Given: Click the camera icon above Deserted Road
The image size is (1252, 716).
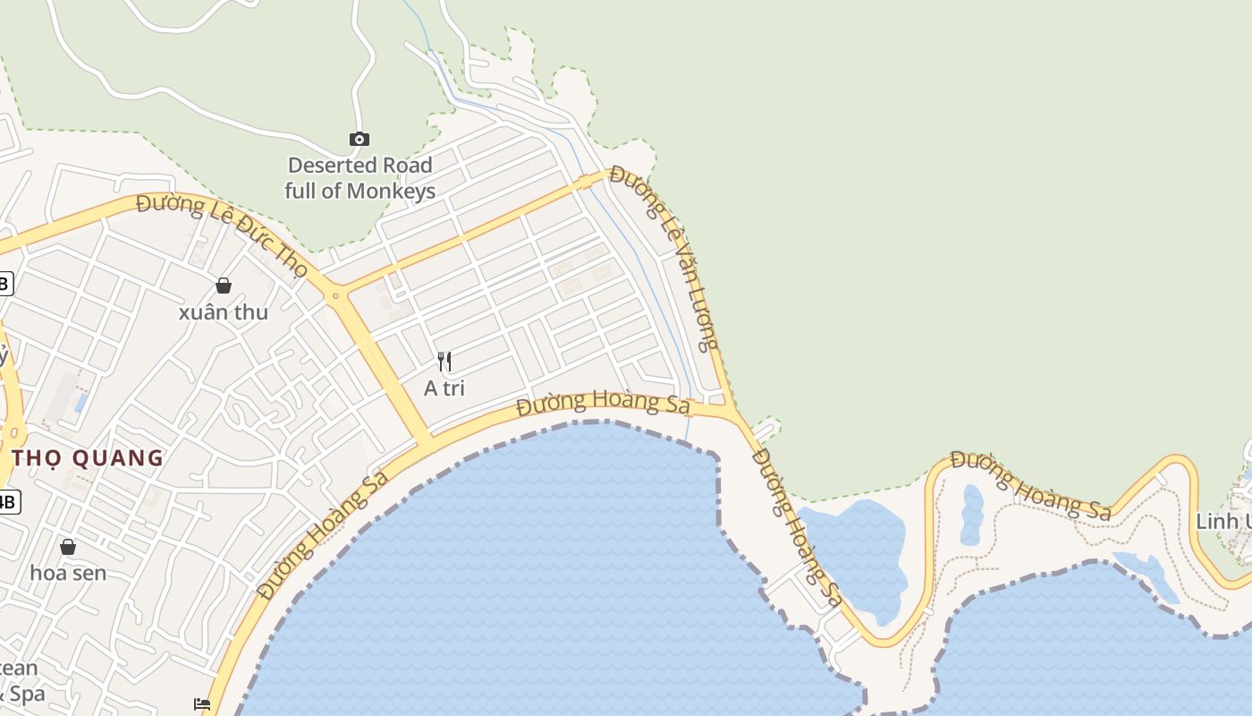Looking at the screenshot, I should (359, 139).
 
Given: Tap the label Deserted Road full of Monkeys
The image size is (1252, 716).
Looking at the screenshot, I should (360, 178).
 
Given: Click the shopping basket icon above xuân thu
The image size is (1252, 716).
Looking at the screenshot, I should (224, 286).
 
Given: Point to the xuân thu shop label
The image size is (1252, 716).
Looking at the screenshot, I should (224, 312).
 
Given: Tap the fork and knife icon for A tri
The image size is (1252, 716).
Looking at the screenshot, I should (444, 362).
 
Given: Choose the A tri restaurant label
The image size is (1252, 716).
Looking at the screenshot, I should (444, 388).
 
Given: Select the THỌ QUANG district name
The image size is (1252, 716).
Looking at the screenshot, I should (88, 458).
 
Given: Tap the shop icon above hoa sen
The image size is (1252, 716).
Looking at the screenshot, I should (68, 546).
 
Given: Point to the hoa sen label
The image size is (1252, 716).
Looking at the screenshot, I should (68, 573).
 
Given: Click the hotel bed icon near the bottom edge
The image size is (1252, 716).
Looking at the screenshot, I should (202, 704).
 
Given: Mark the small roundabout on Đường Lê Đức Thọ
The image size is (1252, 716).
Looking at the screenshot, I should (336, 294).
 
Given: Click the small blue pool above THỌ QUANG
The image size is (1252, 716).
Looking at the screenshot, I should (81, 402).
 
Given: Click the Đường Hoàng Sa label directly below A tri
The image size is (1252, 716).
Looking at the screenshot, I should (604, 404).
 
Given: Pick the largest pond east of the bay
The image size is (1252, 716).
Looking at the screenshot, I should (854, 555).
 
